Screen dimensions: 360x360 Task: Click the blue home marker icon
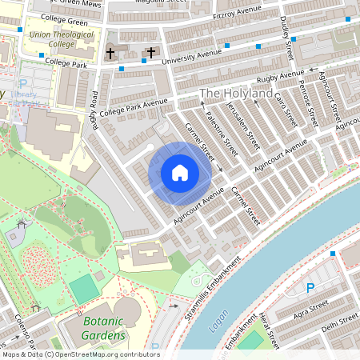click(x=180, y=173)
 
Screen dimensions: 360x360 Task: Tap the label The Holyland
click(x=235, y=94)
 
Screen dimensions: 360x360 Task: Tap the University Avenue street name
click(x=191, y=54)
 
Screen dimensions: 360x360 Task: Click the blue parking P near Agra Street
click(x=310, y=288)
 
